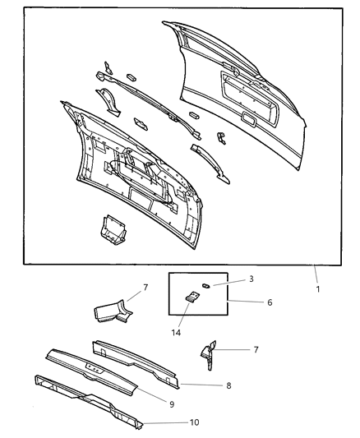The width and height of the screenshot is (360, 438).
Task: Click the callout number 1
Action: (318, 288)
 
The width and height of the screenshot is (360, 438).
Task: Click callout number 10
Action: (194, 422)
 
